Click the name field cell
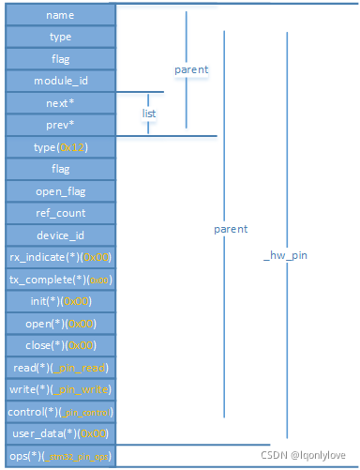click(x=60, y=15)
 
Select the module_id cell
click(x=60, y=81)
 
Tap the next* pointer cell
click(x=60, y=103)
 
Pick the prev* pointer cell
click(x=60, y=125)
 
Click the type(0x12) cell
click(x=60, y=147)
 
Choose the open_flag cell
click(x=60, y=191)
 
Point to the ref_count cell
click(x=60, y=213)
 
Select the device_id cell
click(x=60, y=235)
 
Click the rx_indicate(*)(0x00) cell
click(x=60, y=257)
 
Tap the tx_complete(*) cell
click(x=60, y=279)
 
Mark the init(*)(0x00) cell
click(x=60, y=301)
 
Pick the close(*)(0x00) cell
click(x=60, y=345)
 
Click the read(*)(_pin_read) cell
click(x=60, y=368)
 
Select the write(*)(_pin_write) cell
click(x=60, y=389)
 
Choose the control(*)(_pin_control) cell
click(x=60, y=412)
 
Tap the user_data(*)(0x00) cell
click(x=60, y=433)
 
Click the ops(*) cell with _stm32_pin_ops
click(x=60, y=456)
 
